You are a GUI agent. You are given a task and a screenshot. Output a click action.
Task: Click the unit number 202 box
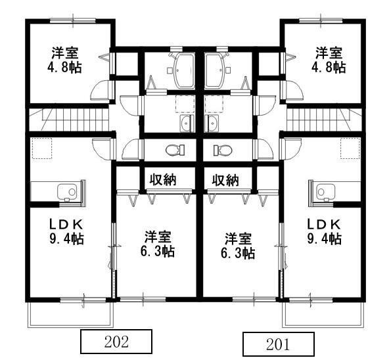pos(116,342)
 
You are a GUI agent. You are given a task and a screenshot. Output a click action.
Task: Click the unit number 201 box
pos(278,344)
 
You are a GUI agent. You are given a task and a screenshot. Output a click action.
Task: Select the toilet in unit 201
pos(221,150)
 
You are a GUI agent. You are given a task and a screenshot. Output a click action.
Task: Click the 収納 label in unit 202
pos(162,179)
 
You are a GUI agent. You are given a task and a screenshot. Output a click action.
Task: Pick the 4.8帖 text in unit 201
pos(329,67)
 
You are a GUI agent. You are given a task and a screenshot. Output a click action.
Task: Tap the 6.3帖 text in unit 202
pos(158,252)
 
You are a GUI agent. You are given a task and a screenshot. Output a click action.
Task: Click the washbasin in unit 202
pos(183,124)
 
